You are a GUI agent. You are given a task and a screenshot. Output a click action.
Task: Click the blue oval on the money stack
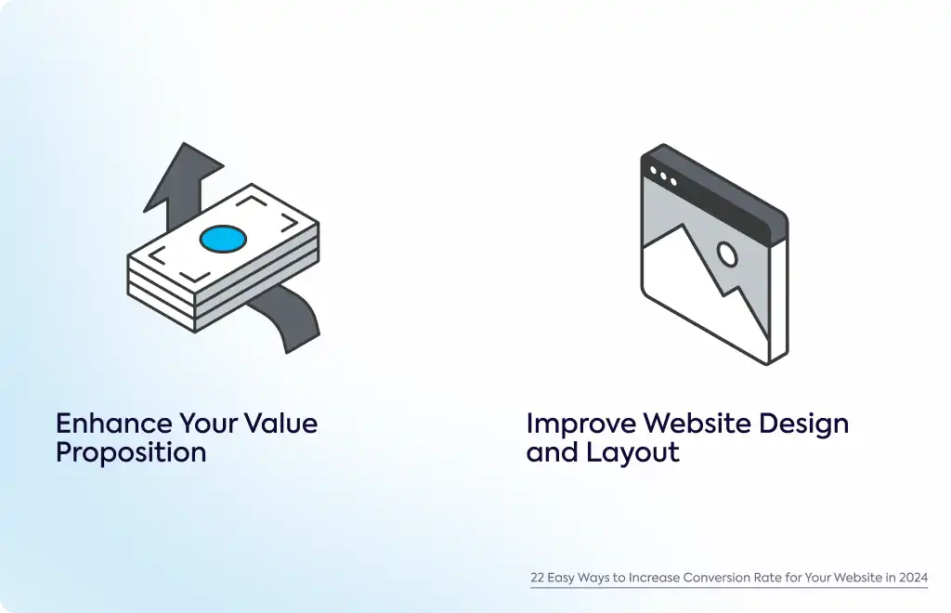223,239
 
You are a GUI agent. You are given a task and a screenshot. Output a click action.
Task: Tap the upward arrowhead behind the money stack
183,176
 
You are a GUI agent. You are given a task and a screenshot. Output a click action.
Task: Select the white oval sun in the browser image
727,254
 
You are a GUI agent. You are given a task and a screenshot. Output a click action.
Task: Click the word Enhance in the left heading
113,424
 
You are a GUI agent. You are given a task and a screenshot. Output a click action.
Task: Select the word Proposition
131,452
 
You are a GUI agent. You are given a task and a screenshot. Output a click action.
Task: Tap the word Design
803,424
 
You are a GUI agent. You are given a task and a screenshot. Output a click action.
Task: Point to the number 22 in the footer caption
538,577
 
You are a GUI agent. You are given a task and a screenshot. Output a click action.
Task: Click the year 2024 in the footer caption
914,577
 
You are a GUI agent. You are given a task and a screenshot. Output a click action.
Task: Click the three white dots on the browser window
663,176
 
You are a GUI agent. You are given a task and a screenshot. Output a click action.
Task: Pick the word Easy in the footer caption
560,578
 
